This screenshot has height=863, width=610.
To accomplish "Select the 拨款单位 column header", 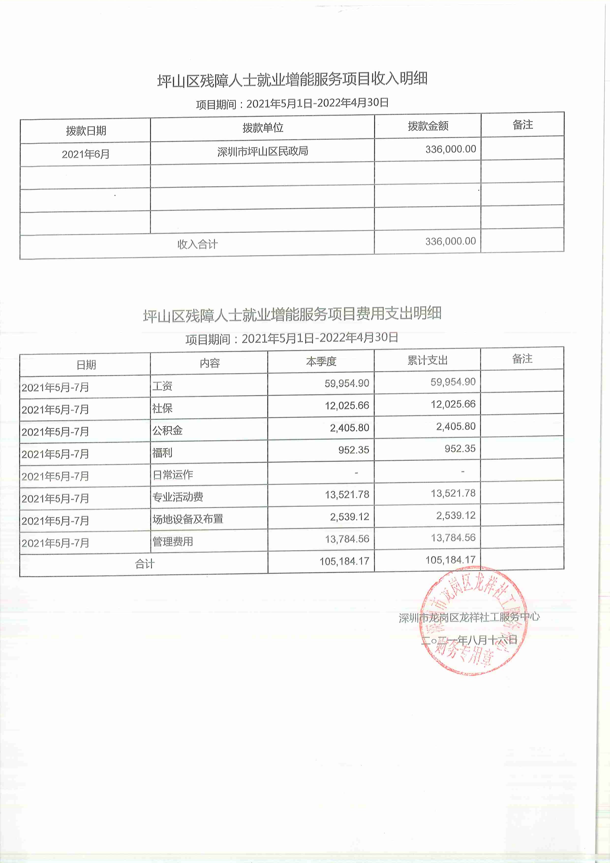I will click(263, 128).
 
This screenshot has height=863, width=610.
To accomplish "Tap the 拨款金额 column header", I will click(428, 126).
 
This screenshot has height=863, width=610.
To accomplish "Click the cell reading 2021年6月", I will click(86, 154).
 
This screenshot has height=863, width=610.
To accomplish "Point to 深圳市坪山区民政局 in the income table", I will click(263, 151).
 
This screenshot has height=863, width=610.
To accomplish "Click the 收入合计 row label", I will click(197, 244).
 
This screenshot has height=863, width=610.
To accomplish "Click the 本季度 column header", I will click(321, 362).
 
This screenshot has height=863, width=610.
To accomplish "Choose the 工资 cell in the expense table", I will click(162, 386).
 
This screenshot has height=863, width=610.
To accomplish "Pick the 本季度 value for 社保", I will click(347, 406).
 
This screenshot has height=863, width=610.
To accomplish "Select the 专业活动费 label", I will click(178, 497).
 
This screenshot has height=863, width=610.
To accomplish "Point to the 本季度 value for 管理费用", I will click(347, 539).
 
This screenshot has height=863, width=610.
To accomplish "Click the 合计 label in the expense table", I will click(145, 564).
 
